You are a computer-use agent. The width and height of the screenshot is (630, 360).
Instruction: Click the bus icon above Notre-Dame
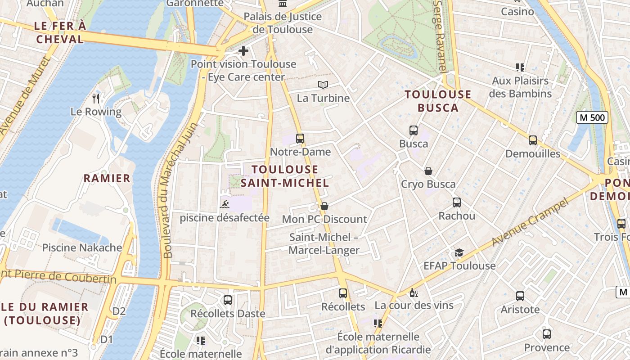click(x=300, y=139)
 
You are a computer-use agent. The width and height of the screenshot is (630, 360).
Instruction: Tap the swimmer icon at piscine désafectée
click(x=225, y=205)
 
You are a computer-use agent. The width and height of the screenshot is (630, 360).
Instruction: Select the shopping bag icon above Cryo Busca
click(x=428, y=171)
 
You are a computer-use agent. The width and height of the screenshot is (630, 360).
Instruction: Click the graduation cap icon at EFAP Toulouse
click(x=459, y=252)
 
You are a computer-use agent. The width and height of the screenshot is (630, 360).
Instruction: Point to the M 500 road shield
click(x=592, y=118)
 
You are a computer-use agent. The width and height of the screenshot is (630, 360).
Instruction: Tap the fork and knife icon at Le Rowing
click(x=95, y=98)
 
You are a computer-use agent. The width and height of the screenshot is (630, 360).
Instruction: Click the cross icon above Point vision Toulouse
click(x=243, y=51)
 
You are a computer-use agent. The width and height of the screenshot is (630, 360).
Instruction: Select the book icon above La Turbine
click(x=323, y=85)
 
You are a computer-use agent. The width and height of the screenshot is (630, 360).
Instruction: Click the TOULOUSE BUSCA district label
click(x=438, y=101)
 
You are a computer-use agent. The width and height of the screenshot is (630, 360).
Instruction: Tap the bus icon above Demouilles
click(x=533, y=140)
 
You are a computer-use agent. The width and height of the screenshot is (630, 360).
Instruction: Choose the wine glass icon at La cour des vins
click(x=414, y=293)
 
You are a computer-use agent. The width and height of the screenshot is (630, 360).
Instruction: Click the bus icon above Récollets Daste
click(x=228, y=300)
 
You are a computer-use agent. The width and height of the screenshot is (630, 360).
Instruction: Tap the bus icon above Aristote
click(x=520, y=296)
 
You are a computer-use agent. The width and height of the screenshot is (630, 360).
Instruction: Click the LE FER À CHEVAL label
click(x=60, y=32)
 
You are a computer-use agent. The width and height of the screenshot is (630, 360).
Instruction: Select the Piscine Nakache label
click(x=82, y=247)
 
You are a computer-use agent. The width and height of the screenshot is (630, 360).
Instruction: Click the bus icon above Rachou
click(x=457, y=202)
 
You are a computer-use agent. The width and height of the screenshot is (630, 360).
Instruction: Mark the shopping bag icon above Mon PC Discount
click(x=324, y=206)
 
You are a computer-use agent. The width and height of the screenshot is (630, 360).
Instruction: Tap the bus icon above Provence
click(x=547, y=334)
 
